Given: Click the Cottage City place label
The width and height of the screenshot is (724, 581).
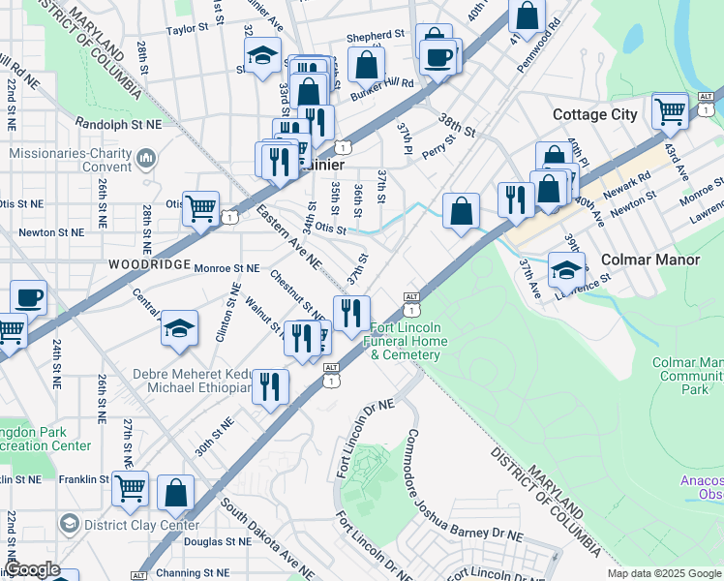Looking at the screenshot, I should (594, 114).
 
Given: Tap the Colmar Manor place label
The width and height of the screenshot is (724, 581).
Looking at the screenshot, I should (645, 260).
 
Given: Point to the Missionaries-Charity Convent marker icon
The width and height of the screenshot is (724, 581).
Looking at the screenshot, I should (147, 157).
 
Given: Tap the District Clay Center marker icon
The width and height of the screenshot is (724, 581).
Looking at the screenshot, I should (69, 525).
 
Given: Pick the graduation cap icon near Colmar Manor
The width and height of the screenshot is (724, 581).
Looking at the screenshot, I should (566, 268).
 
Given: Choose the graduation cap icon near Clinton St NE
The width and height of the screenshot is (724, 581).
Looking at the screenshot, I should (179, 329).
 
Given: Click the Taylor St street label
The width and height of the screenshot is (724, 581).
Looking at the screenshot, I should (188, 30).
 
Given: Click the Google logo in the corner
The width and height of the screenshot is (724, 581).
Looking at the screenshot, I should (32, 569).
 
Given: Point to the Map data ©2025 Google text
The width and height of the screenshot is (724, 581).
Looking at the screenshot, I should (664, 573).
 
